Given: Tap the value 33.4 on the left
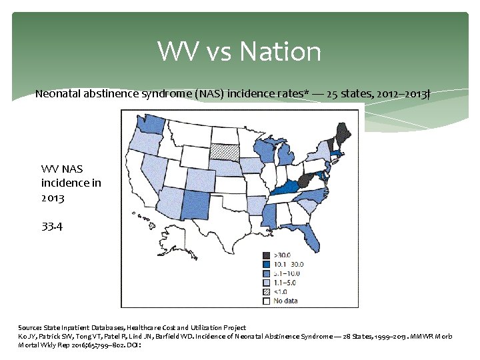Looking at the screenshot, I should coord(52,227).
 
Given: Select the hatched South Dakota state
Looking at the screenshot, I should coord(224,153).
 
